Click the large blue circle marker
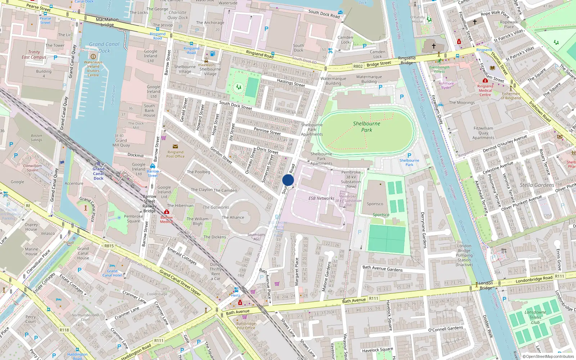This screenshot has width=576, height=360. tap(288, 180)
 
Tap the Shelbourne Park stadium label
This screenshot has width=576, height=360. tap(366, 126)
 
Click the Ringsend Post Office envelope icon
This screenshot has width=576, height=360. tap(175, 147)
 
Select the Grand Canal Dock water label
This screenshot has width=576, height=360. tap(104, 48)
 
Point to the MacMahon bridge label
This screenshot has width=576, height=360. tap(107, 22)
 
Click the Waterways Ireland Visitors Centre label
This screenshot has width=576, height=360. tap(93, 69)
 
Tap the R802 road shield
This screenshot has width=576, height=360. tap(358, 66)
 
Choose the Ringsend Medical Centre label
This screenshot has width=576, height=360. tap(485, 90)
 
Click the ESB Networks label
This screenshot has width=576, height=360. tap(321, 198)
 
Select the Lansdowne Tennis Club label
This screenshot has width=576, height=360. tap(535, 317)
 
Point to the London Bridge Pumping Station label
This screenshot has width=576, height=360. tap(464, 255)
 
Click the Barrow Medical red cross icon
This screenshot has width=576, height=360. tap(166, 212)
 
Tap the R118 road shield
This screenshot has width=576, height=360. tap(64, 330)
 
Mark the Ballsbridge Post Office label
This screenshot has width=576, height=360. tap(246, 326)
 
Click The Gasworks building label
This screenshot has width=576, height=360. tap(216, 207)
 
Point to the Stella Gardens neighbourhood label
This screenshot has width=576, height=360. tap(537, 185)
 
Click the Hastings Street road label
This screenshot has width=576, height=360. tap(291, 83)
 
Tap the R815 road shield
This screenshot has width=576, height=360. tap(109, 246)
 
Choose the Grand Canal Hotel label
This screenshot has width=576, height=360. tap(112, 273)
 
